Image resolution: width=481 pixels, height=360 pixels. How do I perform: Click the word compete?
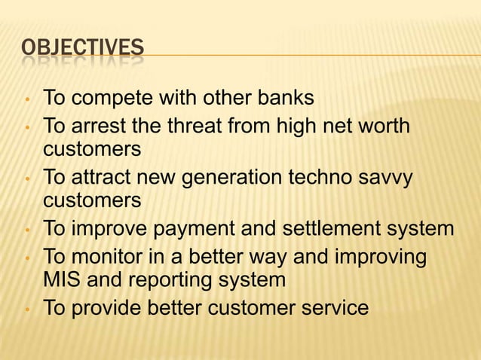click(112, 99)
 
